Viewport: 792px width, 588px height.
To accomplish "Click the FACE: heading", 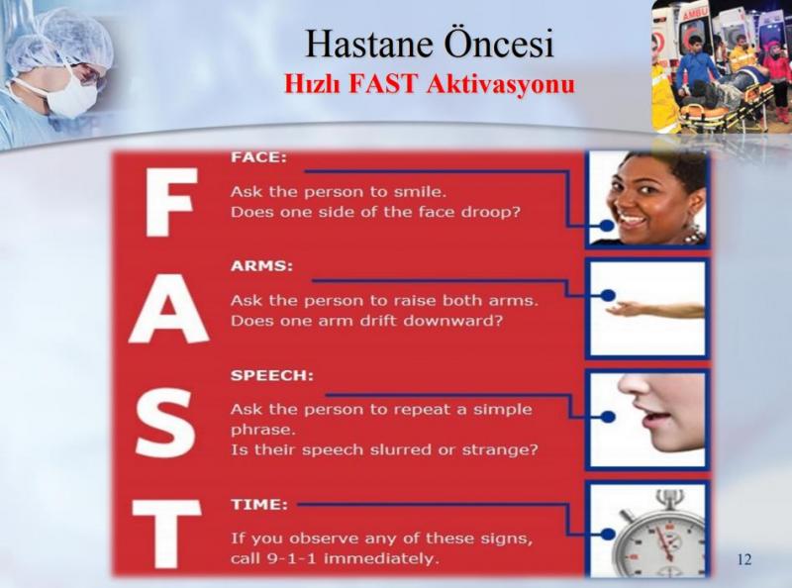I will coord(258,156).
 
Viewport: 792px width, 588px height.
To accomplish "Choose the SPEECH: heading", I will coord(271,376).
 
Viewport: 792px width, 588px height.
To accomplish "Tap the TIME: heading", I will coord(258,504).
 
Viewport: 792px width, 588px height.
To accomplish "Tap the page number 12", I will coord(744,560).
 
